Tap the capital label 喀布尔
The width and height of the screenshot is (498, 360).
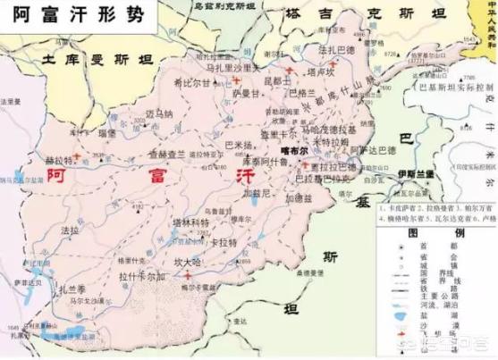[293, 153]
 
